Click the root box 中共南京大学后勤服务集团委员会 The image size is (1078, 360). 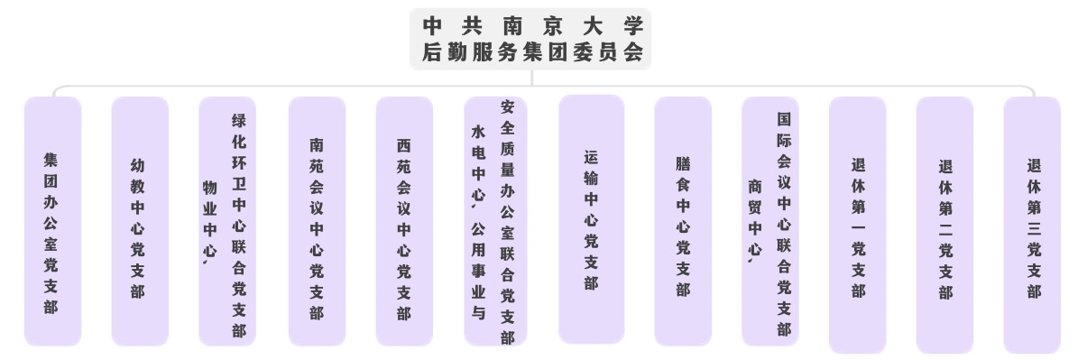pos(530,39)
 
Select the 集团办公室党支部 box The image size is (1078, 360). pos(52,221)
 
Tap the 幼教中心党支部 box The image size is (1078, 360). pos(140,221)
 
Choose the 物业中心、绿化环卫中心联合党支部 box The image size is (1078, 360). pos(226,221)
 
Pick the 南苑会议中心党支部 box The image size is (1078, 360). pos(317,221)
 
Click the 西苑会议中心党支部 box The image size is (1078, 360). pos(404,221)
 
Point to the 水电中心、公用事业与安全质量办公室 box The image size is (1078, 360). pos(495,221)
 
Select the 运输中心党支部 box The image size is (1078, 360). pos(591,219)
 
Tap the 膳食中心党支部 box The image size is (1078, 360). pos(683,221)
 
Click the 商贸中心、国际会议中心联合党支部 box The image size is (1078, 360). pos(770,221)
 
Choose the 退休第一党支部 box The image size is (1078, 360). pos(857,225)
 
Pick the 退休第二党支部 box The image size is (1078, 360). pos(944,225)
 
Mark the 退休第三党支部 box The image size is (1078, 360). pos(1032,225)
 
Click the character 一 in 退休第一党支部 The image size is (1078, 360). pos(858,228)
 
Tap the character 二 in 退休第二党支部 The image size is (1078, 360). pos(945,229)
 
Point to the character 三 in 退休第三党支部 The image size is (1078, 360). pos(1034,228)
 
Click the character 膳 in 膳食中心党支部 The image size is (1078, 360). pos(683,165)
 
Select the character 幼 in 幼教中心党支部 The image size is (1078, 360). pos(137,165)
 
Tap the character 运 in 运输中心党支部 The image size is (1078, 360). pos(591,158)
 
